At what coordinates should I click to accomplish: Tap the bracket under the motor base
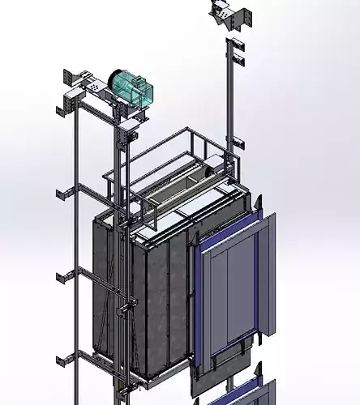click(x=130, y=122)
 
